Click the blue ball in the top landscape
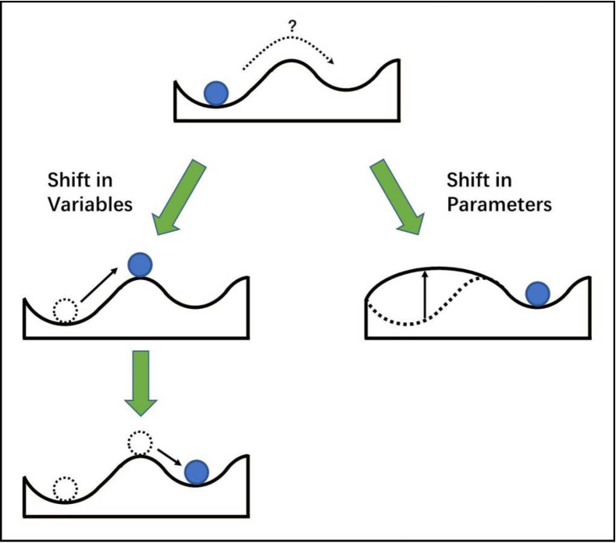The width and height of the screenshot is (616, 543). [x=215, y=93]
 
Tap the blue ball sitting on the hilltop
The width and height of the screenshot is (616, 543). [x=141, y=264]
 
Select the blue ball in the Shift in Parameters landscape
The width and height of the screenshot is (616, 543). [x=538, y=293]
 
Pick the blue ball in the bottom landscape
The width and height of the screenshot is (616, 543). [x=197, y=471]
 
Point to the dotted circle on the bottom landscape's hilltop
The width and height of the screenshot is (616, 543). [x=139, y=443]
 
